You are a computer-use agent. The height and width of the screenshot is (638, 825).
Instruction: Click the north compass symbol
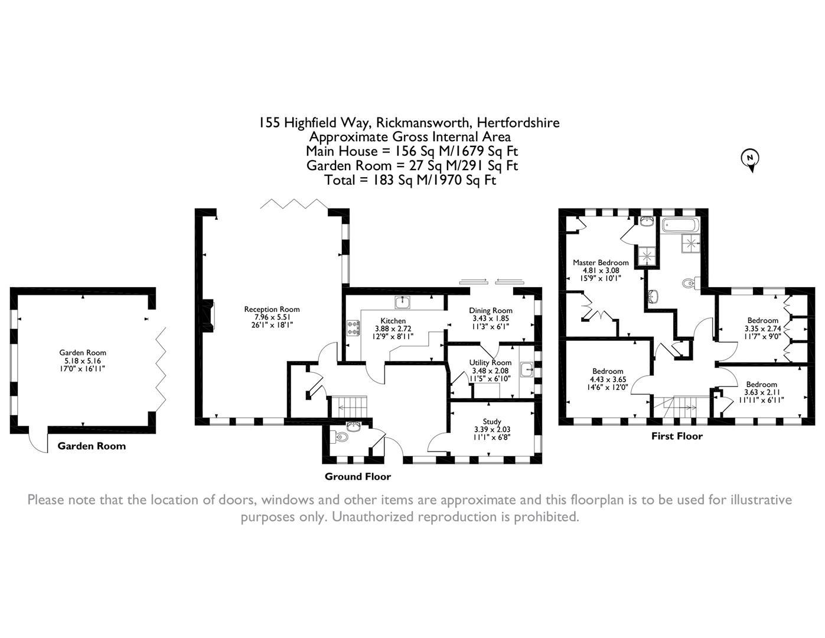point(750,158)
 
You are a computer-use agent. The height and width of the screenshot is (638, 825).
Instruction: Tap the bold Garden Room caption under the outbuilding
point(92,446)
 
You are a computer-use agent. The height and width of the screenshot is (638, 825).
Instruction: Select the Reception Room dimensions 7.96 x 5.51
point(272,317)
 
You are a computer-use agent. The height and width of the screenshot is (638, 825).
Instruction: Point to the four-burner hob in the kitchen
point(354,328)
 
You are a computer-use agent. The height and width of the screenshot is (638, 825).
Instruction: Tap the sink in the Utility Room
point(527,370)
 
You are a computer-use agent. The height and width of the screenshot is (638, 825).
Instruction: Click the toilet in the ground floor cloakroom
point(341,438)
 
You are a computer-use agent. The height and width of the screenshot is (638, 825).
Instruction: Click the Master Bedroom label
point(601,262)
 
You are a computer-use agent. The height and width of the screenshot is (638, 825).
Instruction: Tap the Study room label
point(491,422)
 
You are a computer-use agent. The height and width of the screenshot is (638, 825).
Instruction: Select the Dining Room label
point(491,311)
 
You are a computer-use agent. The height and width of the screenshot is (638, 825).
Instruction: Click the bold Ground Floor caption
point(357,477)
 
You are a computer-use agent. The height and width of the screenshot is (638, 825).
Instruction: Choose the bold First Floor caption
point(677,437)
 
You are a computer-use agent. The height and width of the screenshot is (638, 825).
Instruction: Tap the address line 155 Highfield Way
point(409,123)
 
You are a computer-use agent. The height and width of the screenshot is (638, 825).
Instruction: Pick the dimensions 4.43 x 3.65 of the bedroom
point(608,379)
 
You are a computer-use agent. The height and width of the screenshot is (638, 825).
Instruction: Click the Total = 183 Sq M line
point(410,180)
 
